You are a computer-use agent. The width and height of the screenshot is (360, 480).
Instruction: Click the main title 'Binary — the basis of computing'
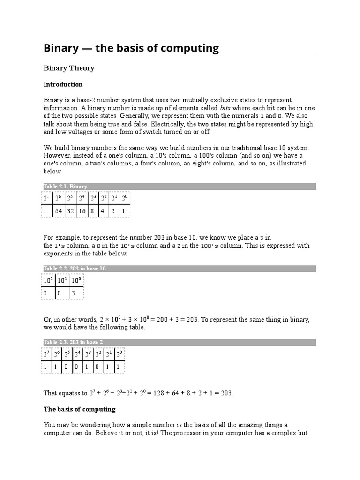tap(131, 48)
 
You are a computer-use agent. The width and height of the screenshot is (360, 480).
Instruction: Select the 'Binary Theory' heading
tap(69, 68)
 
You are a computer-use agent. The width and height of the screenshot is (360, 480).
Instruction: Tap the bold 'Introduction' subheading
tap(63, 85)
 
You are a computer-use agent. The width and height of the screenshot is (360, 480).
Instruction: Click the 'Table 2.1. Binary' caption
tap(66, 187)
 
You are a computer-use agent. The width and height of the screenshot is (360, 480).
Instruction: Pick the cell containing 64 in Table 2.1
tap(59, 211)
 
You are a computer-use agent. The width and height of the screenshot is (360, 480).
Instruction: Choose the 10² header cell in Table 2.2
tap(49, 281)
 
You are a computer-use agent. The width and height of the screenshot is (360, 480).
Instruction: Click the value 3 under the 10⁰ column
tap(73, 293)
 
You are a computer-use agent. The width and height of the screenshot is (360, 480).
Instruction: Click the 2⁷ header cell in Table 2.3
tap(47, 353)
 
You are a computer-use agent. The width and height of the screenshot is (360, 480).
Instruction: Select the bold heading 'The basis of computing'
tap(79, 409)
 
